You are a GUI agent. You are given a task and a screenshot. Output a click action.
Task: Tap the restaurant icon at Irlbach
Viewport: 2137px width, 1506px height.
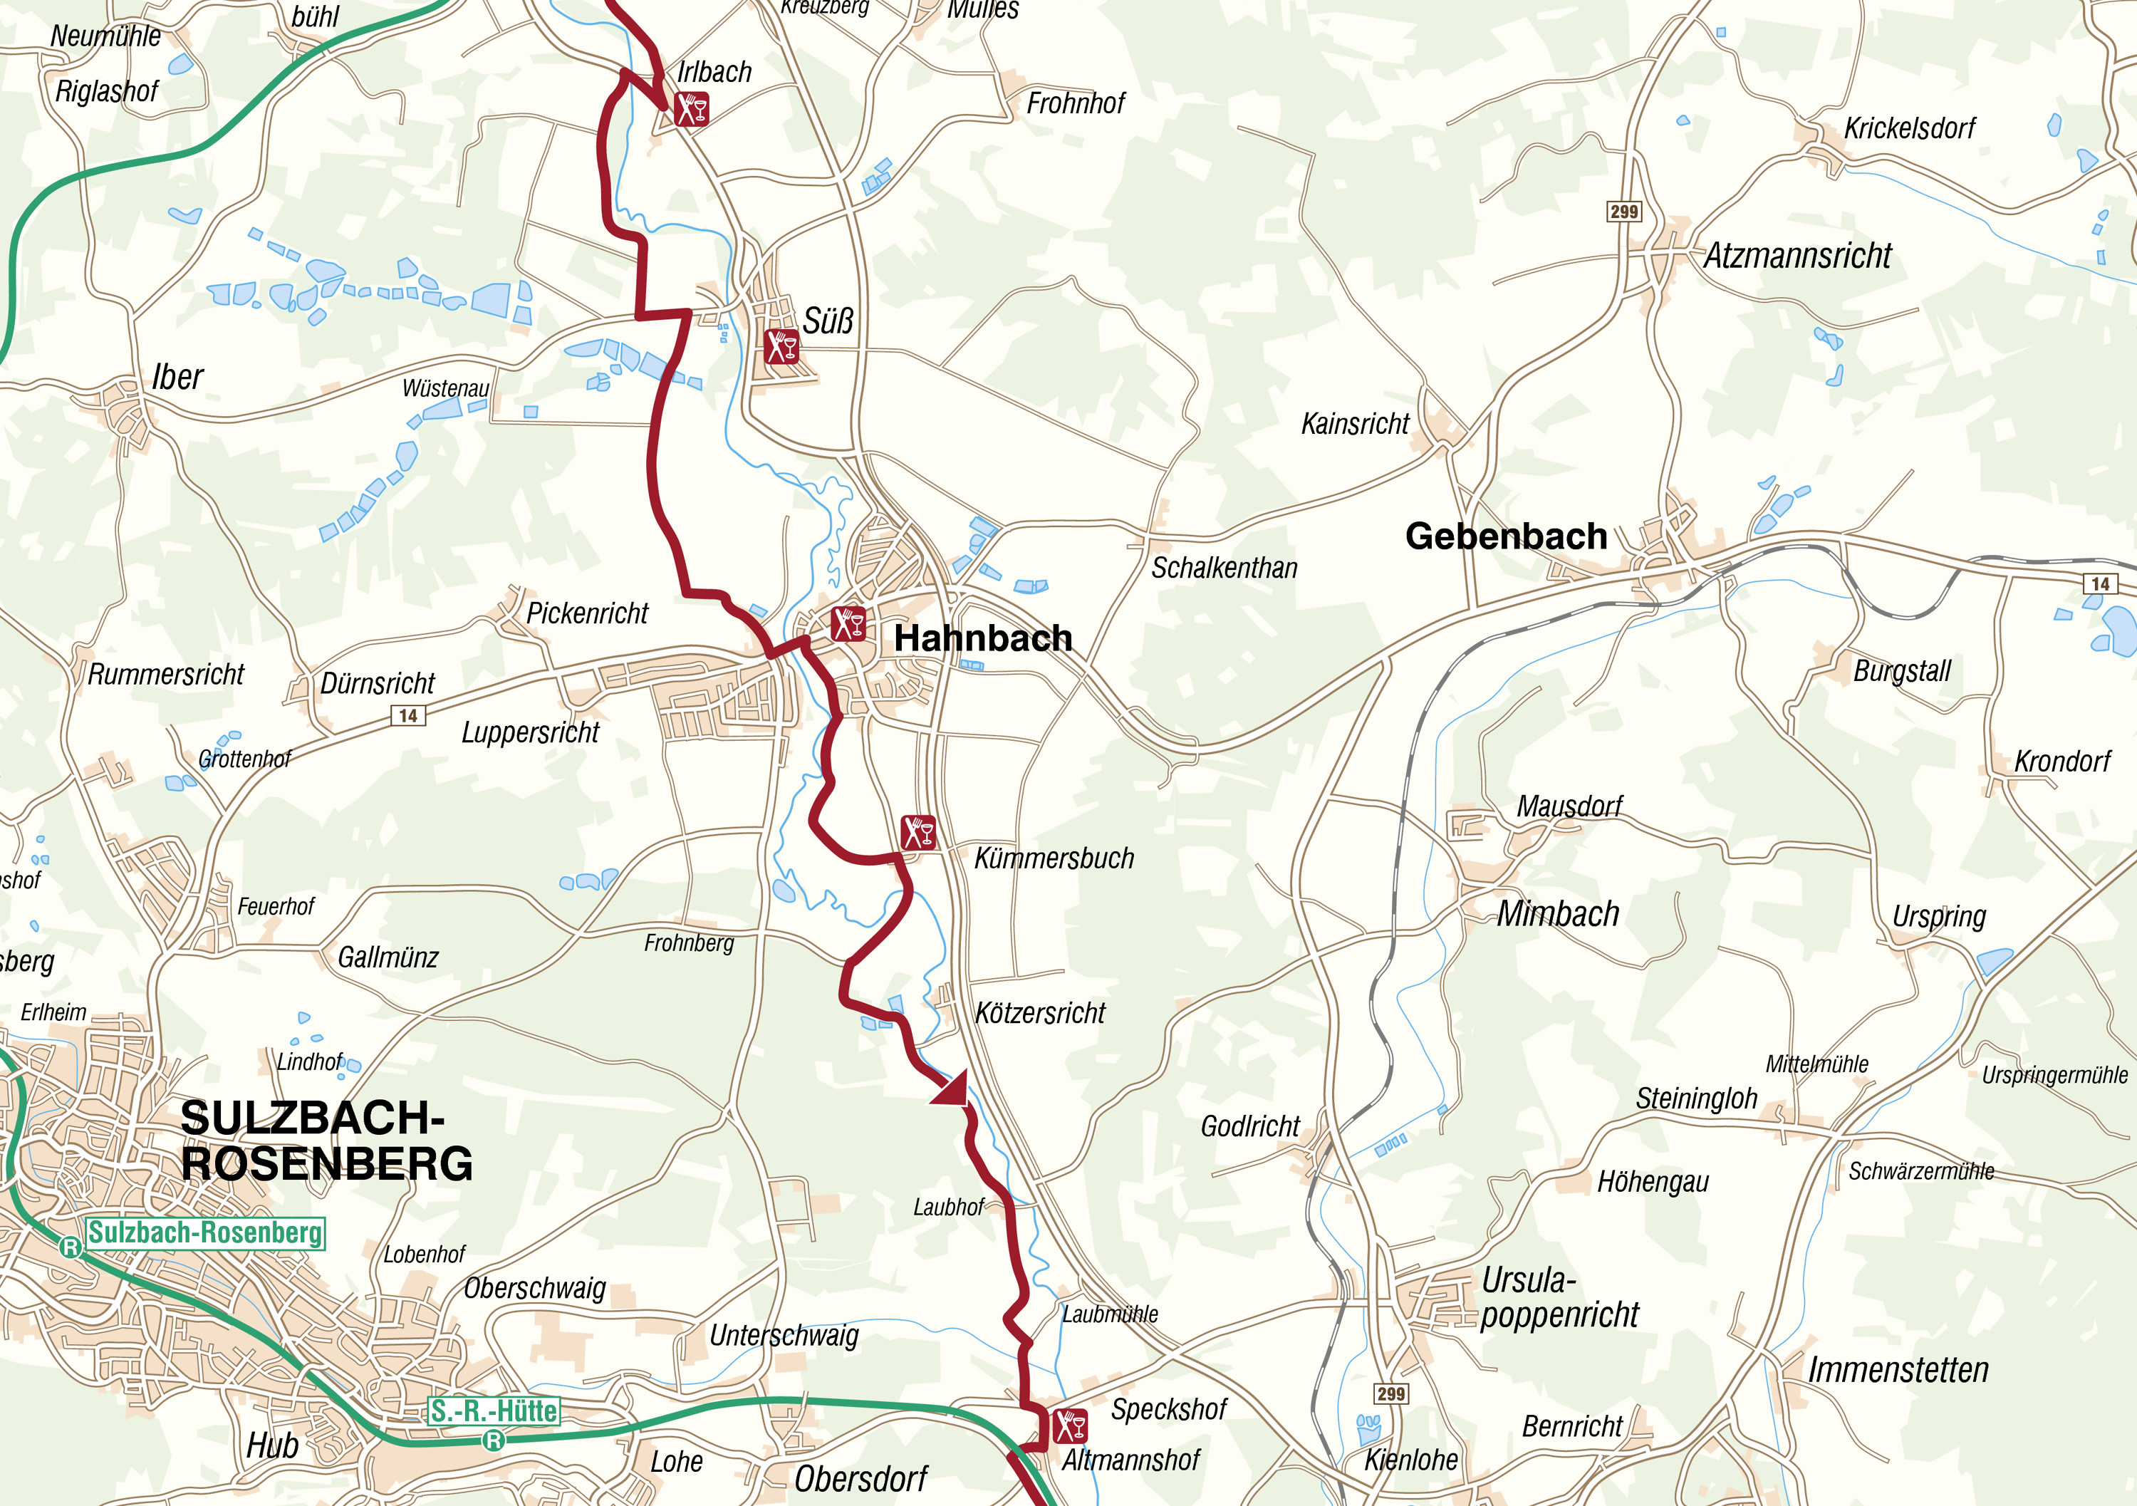pos(692,109)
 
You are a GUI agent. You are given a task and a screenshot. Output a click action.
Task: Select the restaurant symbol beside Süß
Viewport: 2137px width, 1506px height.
pos(781,346)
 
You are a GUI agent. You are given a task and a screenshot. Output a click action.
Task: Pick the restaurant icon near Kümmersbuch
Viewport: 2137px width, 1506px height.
pos(917,831)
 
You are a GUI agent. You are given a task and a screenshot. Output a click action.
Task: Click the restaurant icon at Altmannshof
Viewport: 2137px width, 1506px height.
pos(1069,1426)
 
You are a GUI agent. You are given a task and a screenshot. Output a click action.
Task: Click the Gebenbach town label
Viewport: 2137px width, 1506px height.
pos(1505,536)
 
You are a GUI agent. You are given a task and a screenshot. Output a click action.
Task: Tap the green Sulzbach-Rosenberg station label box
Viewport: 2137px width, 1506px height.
pos(206,1232)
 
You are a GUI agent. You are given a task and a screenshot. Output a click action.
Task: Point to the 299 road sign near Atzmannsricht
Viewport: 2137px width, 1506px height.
pos(1623,212)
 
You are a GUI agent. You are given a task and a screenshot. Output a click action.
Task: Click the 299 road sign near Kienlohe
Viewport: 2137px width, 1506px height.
pos(1390,1393)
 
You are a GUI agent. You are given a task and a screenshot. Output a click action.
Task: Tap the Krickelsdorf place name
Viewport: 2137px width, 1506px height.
pos(1908,128)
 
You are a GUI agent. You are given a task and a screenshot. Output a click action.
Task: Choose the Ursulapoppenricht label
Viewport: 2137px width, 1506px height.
pos(1559,1297)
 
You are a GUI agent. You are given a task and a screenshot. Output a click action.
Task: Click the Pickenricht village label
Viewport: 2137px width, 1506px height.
pos(586,613)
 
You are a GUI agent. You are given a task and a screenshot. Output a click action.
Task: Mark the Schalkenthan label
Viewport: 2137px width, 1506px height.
pos(1224,568)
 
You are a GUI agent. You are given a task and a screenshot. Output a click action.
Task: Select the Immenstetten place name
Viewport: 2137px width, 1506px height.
pos(1898,1370)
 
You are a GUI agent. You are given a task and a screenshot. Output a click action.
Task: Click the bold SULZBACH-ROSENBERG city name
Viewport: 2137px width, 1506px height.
pos(326,1141)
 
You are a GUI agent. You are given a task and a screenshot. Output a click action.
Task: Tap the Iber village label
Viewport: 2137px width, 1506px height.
pos(177,377)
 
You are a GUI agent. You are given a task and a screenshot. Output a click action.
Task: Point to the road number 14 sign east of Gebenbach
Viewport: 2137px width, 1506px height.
pos(2100,583)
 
